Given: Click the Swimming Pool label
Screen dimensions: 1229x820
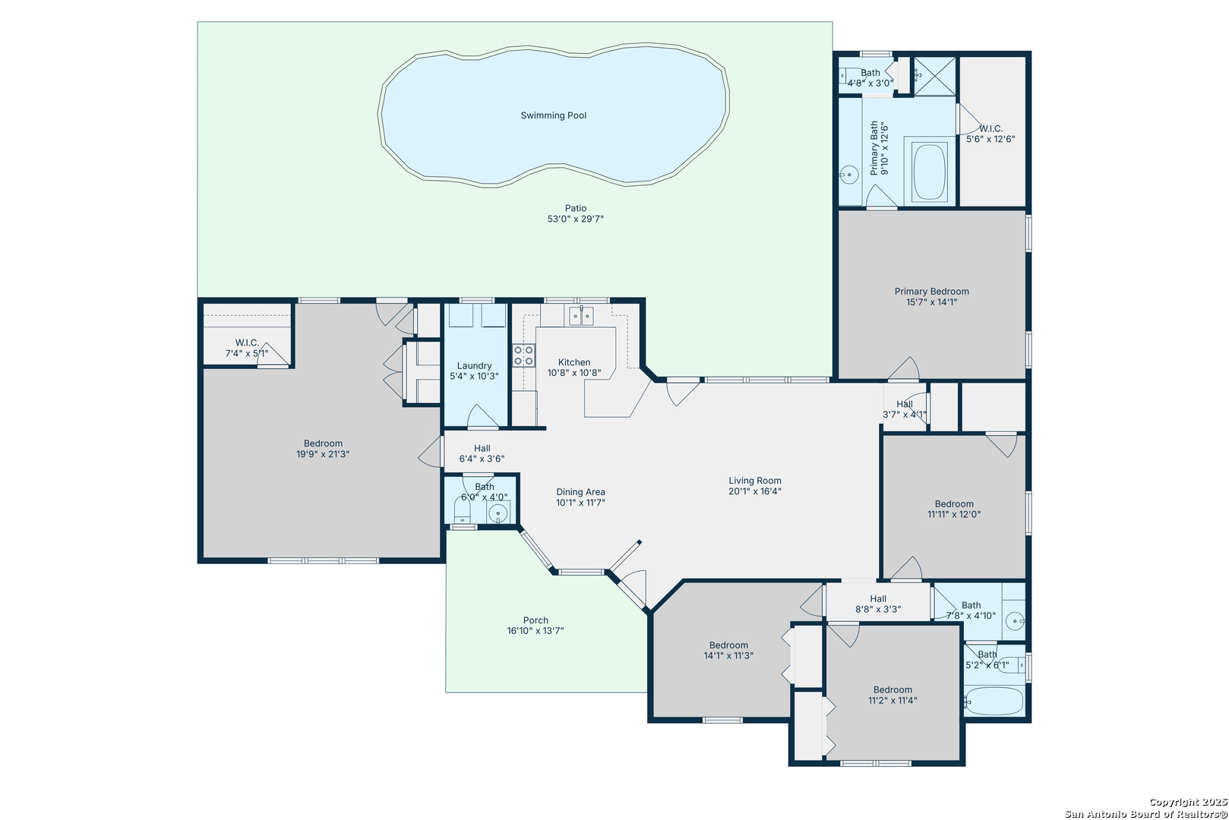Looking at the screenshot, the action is pos(553,115).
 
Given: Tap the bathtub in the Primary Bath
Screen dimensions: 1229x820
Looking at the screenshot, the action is pos(930,171).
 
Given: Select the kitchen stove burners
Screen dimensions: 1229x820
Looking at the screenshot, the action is pos(524,355).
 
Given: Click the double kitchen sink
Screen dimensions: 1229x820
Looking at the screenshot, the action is pos(581,316).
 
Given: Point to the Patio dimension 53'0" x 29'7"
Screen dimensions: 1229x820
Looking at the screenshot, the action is pos(576,219).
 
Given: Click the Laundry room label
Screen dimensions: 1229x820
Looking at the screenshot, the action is pos(474,366).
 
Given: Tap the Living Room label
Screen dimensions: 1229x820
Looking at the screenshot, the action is pos(754,481).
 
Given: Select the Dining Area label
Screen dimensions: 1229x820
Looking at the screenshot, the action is pos(580,492).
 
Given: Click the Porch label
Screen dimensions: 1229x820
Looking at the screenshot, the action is pos(536,620).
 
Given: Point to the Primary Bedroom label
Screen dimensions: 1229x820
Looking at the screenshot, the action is pos(932,292).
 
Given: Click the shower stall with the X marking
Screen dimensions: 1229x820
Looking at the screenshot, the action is pos(935,76).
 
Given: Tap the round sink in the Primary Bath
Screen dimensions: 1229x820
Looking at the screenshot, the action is pos(848,175).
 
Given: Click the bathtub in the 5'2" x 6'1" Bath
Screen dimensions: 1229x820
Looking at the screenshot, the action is pos(994,701).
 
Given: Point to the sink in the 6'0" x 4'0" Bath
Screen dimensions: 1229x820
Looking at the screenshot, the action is pos(499,513).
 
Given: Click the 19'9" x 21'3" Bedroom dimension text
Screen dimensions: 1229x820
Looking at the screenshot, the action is pos(323,454).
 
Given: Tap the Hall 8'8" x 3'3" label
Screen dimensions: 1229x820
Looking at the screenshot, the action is pos(878,604).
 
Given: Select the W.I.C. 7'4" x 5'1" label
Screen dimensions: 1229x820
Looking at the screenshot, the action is pos(247,348).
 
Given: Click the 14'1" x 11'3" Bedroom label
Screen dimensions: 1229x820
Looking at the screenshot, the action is pos(728,651).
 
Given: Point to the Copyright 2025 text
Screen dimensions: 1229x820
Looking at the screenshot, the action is pos(1188,802).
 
